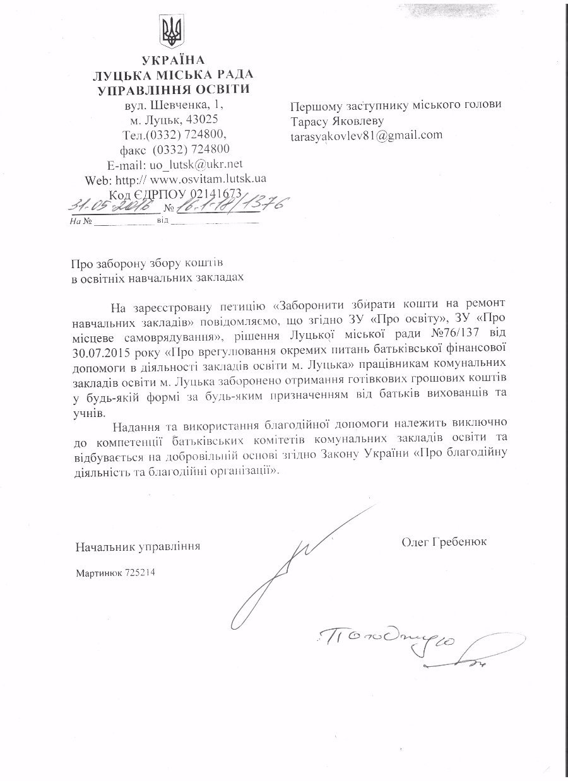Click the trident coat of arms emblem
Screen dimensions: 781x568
click(x=170, y=32)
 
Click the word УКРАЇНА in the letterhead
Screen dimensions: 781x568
click(x=174, y=61)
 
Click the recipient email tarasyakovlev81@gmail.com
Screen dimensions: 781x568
click(x=366, y=135)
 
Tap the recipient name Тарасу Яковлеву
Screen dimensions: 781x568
click(x=337, y=120)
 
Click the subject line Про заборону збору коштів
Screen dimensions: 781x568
click(x=142, y=261)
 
